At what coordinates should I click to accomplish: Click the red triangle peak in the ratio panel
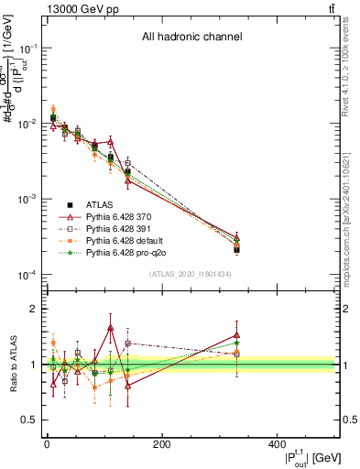pyautogui.click(x=110, y=327)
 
